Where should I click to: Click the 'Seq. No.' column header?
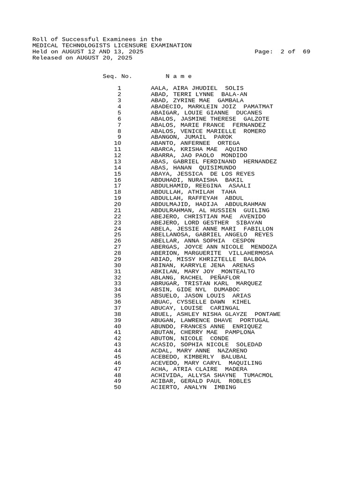[x=117, y=76]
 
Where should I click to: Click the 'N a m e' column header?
[x=179, y=76]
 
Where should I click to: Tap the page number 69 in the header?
[x=306, y=52]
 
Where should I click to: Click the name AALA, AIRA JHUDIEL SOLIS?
[x=197, y=89]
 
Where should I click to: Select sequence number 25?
[x=117, y=235]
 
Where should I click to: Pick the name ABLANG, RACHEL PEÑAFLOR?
[x=195, y=278]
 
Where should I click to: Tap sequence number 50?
[x=117, y=388]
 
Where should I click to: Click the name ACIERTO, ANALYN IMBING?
[x=193, y=388]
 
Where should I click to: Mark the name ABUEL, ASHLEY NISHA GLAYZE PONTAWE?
[x=216, y=315]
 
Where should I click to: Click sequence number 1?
[x=119, y=89]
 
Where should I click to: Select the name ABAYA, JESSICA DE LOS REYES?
[x=202, y=174]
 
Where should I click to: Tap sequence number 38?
[x=117, y=315]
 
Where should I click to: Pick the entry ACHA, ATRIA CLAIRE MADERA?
[x=199, y=369]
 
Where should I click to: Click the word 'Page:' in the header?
[x=264, y=52]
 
